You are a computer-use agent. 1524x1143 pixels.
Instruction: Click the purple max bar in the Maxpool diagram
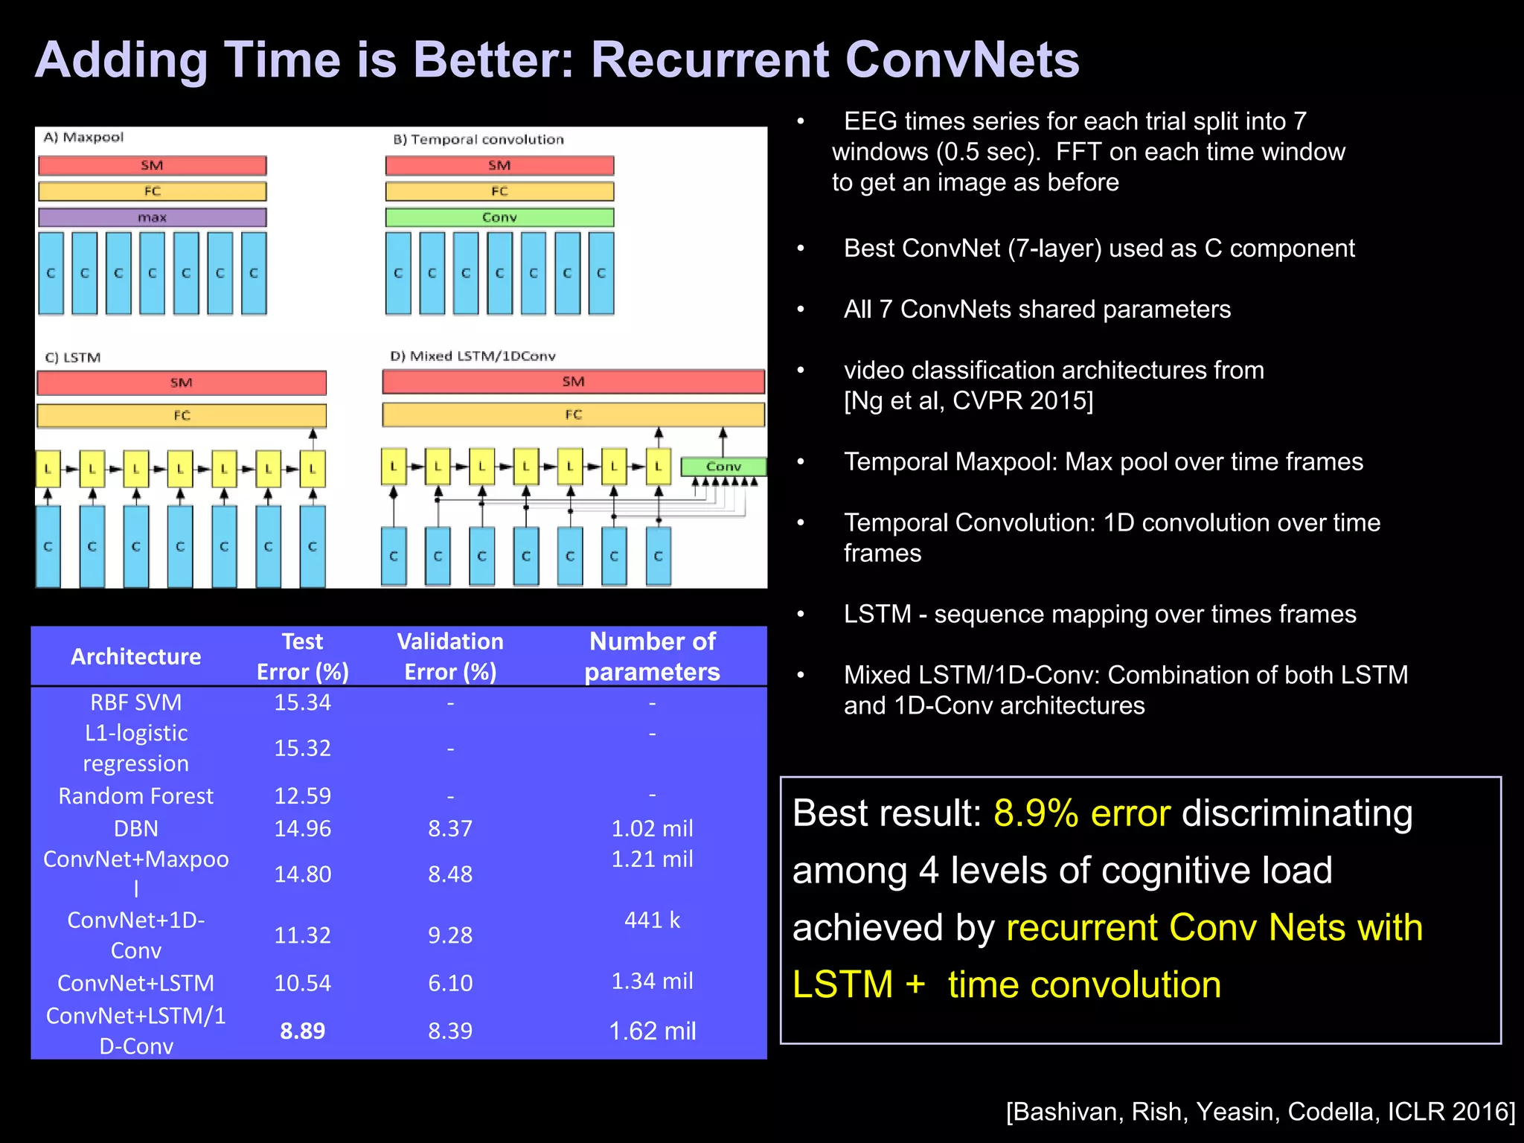(152, 217)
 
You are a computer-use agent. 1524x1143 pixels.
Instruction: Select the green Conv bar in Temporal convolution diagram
(499, 217)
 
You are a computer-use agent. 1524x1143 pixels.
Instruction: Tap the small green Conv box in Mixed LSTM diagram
(723, 467)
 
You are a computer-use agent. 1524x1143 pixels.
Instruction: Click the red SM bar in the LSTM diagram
(182, 382)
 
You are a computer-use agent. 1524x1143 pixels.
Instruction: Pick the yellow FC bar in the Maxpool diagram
(152, 191)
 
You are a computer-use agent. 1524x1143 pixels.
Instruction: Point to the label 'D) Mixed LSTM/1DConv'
(473, 356)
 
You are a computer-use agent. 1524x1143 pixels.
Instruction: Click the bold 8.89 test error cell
(302, 1031)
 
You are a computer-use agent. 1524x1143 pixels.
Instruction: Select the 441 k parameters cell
(652, 921)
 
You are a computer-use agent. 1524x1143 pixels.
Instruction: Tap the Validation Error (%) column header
(449, 656)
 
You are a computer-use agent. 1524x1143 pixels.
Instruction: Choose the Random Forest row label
(135, 796)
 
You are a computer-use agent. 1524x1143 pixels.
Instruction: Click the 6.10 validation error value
(449, 983)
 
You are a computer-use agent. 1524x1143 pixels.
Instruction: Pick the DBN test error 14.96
(302, 828)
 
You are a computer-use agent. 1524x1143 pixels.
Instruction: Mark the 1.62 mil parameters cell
(652, 1031)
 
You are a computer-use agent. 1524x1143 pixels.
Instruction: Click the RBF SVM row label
(135, 702)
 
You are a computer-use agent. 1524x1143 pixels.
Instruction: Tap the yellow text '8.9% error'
(1081, 813)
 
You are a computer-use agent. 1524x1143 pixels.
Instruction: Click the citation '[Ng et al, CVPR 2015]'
(968, 401)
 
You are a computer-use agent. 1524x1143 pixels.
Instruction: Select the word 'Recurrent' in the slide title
(709, 60)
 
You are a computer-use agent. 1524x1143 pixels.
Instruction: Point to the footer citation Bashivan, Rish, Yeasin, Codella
(1260, 1111)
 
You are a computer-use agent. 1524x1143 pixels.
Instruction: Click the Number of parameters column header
(652, 656)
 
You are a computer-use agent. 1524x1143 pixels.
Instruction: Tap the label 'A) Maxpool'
(83, 137)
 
